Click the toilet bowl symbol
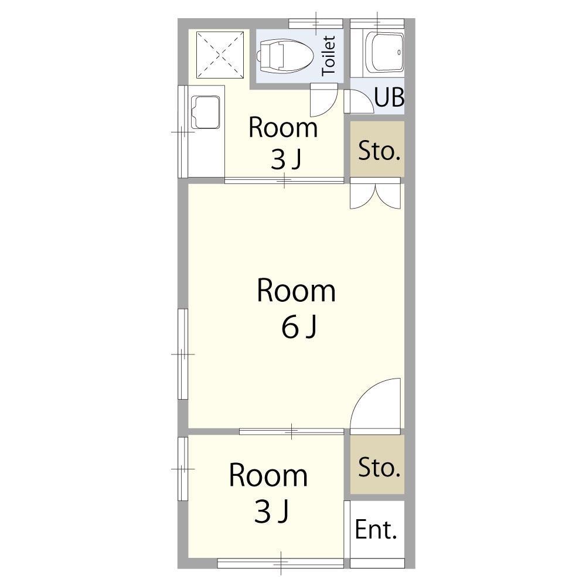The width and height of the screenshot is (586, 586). pyautogui.click(x=285, y=56)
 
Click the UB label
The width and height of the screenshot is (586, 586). pyautogui.click(x=389, y=97)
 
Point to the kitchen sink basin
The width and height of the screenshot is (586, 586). pyautogui.click(x=206, y=112)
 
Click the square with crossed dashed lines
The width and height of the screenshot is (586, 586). pyautogui.click(x=220, y=54)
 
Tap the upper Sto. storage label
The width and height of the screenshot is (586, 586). pyautogui.click(x=379, y=151)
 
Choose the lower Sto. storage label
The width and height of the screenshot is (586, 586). pyautogui.click(x=379, y=467)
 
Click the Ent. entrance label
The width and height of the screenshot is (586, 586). pyautogui.click(x=376, y=530)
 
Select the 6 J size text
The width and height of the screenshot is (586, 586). pyautogui.click(x=299, y=326)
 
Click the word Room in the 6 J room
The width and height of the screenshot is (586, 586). pyautogui.click(x=296, y=291)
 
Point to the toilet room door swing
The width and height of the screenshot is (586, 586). pyautogui.click(x=323, y=100)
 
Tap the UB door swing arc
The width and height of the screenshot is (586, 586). pyautogui.click(x=359, y=101)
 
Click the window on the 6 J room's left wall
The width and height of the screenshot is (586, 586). pyautogui.click(x=183, y=354)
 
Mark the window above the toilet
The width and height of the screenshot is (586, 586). pyautogui.click(x=316, y=23)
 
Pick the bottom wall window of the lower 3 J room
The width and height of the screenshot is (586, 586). pyautogui.click(x=281, y=563)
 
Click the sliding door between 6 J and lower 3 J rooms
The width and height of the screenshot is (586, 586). pyautogui.click(x=291, y=432)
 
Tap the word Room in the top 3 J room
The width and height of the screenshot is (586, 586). pyautogui.click(x=283, y=128)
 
